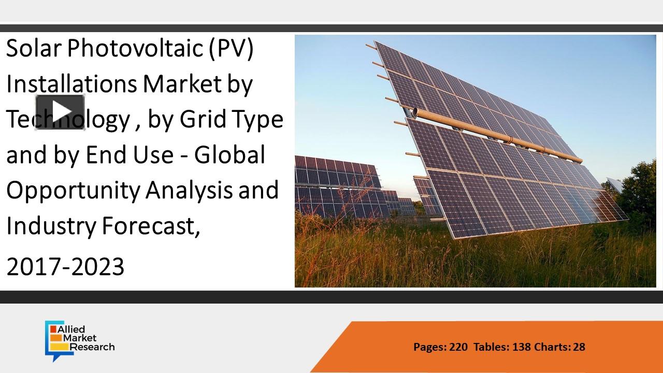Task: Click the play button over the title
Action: [x=60, y=111]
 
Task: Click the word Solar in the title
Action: [x=34, y=50]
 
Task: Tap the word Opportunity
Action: [x=73, y=191]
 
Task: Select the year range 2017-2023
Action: [x=65, y=267]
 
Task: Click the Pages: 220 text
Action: [x=440, y=347]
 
